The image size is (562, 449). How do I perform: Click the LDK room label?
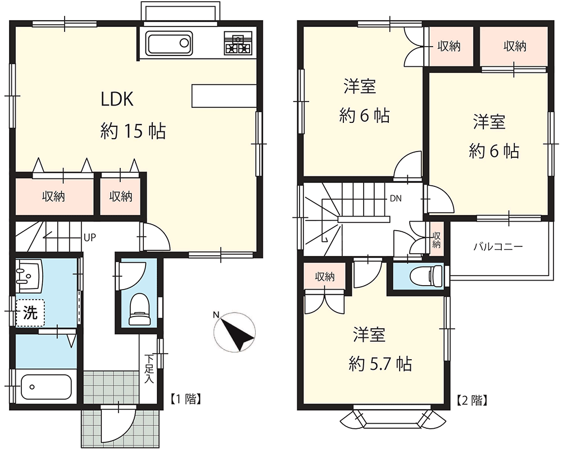pos(117,99)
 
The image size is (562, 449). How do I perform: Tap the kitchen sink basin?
pos(170,43)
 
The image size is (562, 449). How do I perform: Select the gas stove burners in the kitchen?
pos(238,43)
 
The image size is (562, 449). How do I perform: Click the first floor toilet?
pos(139,309)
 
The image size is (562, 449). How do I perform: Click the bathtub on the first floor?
pos(46,387)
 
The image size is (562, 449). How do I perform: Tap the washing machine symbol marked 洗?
pos(30,313)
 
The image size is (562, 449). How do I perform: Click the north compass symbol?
pos(234,332)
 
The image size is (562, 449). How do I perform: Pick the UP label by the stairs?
pos(89,237)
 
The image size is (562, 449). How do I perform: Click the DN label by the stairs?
pos(396,198)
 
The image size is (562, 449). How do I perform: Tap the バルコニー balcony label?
pos(498,246)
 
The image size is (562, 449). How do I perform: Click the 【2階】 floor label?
pos(472,400)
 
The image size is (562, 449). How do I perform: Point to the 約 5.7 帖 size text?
pos(380,364)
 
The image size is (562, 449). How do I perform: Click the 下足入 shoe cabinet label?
pos(149,369)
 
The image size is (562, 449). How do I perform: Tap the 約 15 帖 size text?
pos(133,131)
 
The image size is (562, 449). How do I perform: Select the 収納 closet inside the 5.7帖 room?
pos(325,276)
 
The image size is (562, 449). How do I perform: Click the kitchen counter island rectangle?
pos(224,96)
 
